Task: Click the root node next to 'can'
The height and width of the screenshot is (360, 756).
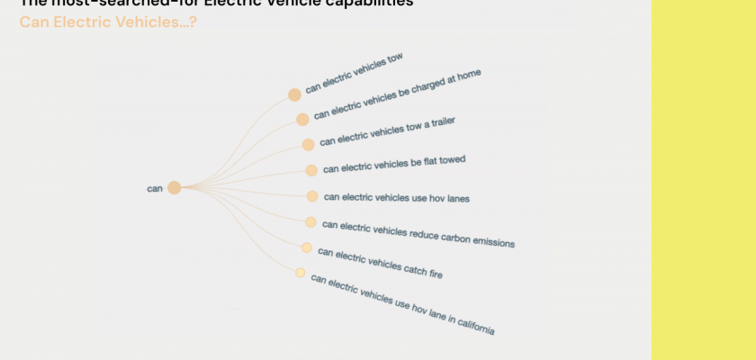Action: [x=174, y=187]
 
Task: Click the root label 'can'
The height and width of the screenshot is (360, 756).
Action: [x=155, y=188]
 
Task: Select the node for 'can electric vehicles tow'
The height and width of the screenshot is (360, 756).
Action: [x=294, y=94]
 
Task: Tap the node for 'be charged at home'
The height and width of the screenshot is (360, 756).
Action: [x=302, y=119]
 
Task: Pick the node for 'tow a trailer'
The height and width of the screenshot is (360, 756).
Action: [x=308, y=144]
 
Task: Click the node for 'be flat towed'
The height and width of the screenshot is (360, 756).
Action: [x=311, y=170]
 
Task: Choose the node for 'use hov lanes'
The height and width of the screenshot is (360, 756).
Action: [x=312, y=196]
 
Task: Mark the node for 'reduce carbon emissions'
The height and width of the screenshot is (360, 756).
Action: [x=310, y=222]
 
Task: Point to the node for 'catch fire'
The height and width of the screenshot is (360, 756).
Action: [x=307, y=247]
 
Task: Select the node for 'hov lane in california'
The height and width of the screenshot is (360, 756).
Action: [x=301, y=273]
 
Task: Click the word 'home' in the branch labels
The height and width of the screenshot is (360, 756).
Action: [x=468, y=76]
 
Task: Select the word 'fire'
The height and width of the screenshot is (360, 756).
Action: [x=434, y=273]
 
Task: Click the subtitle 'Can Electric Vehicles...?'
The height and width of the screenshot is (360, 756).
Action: [x=108, y=21]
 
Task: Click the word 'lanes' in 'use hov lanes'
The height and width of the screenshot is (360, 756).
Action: [x=457, y=199]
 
